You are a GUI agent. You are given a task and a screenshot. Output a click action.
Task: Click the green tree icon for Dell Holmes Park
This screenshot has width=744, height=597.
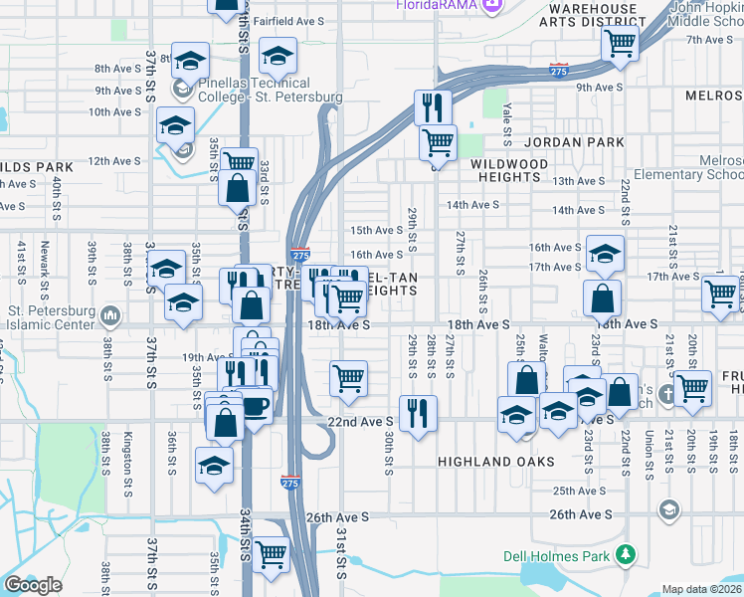(626, 554)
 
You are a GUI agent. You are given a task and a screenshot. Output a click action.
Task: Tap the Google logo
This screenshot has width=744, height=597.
(33, 585)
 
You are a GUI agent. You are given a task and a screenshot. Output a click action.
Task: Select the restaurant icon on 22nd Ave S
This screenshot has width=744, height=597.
(418, 413)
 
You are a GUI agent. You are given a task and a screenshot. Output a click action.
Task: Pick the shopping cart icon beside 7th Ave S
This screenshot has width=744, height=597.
(620, 44)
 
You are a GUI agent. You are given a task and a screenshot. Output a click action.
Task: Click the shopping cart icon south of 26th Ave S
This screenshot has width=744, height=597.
(271, 554)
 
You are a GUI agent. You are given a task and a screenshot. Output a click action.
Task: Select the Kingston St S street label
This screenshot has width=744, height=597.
(127, 454)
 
